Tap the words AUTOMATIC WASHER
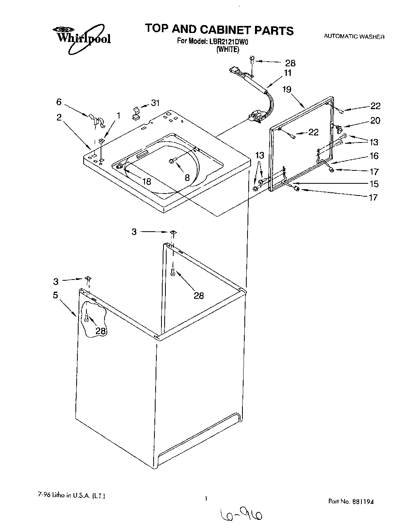[354, 37]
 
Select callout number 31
[156, 103]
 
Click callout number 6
[59, 102]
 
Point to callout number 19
[287, 90]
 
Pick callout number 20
[375, 121]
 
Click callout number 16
[374, 156]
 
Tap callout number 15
[374, 184]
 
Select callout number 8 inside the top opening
[187, 177]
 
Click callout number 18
[147, 181]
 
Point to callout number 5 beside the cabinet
[56, 295]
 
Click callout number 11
[288, 73]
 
